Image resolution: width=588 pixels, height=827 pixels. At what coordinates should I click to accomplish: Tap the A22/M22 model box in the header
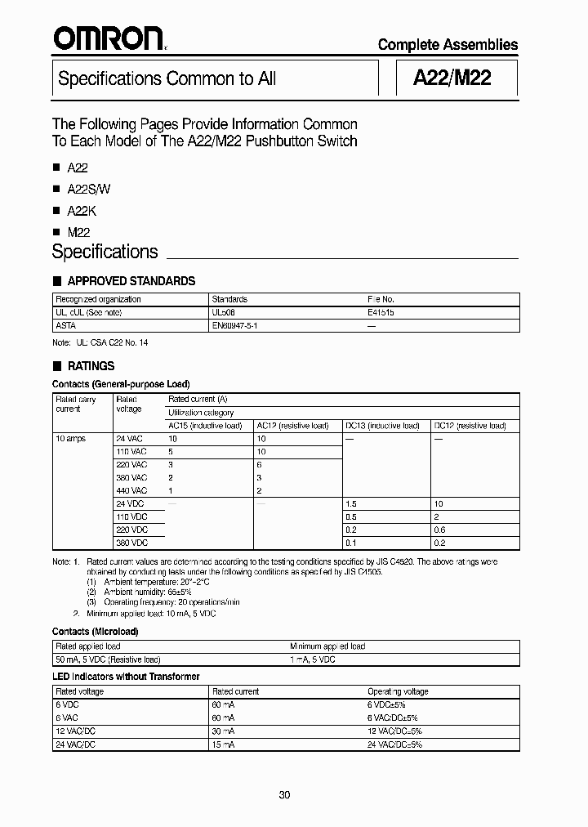(x=452, y=78)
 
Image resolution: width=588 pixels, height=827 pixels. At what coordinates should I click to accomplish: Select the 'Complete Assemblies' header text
(x=448, y=45)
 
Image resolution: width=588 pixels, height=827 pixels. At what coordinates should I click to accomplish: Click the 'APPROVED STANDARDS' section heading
(x=131, y=281)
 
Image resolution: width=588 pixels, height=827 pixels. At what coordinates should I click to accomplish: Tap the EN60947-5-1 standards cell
(x=235, y=325)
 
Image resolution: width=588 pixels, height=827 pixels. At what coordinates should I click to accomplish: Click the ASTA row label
(x=65, y=325)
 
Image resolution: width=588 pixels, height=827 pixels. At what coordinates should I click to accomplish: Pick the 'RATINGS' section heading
(x=91, y=366)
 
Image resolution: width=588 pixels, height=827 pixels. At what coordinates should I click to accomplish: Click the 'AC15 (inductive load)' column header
(x=208, y=426)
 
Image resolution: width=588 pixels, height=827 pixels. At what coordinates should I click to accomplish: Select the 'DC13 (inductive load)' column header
(x=381, y=426)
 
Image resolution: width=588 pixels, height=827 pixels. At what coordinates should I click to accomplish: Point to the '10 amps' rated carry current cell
(x=70, y=439)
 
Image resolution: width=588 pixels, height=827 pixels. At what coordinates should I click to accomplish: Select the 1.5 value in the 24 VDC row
(x=351, y=504)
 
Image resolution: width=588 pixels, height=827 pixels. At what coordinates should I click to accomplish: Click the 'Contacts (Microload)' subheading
(x=95, y=632)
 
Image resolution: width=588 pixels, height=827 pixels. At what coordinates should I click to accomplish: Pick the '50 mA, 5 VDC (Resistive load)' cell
(x=108, y=659)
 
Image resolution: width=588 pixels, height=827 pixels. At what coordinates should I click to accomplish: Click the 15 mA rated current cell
(x=224, y=744)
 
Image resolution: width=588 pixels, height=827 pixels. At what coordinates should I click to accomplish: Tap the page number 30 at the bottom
(x=284, y=794)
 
